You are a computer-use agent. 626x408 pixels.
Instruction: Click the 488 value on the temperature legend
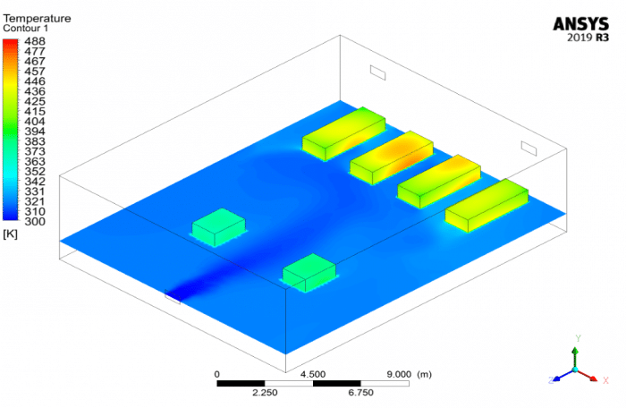point(34,41)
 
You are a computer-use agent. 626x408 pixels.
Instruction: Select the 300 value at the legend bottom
point(34,221)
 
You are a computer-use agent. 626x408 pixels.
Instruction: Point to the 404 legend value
point(34,121)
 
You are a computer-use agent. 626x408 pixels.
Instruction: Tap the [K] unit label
point(11,234)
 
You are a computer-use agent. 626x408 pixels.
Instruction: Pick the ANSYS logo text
point(582,23)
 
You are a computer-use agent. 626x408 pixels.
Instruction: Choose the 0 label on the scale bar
point(217,374)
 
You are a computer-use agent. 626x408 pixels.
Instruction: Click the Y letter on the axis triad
point(578,338)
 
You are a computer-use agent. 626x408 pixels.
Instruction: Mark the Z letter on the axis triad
point(551,380)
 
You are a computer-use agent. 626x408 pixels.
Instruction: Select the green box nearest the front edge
point(309,273)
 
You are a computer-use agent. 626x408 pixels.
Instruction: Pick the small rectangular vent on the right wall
point(529,147)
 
